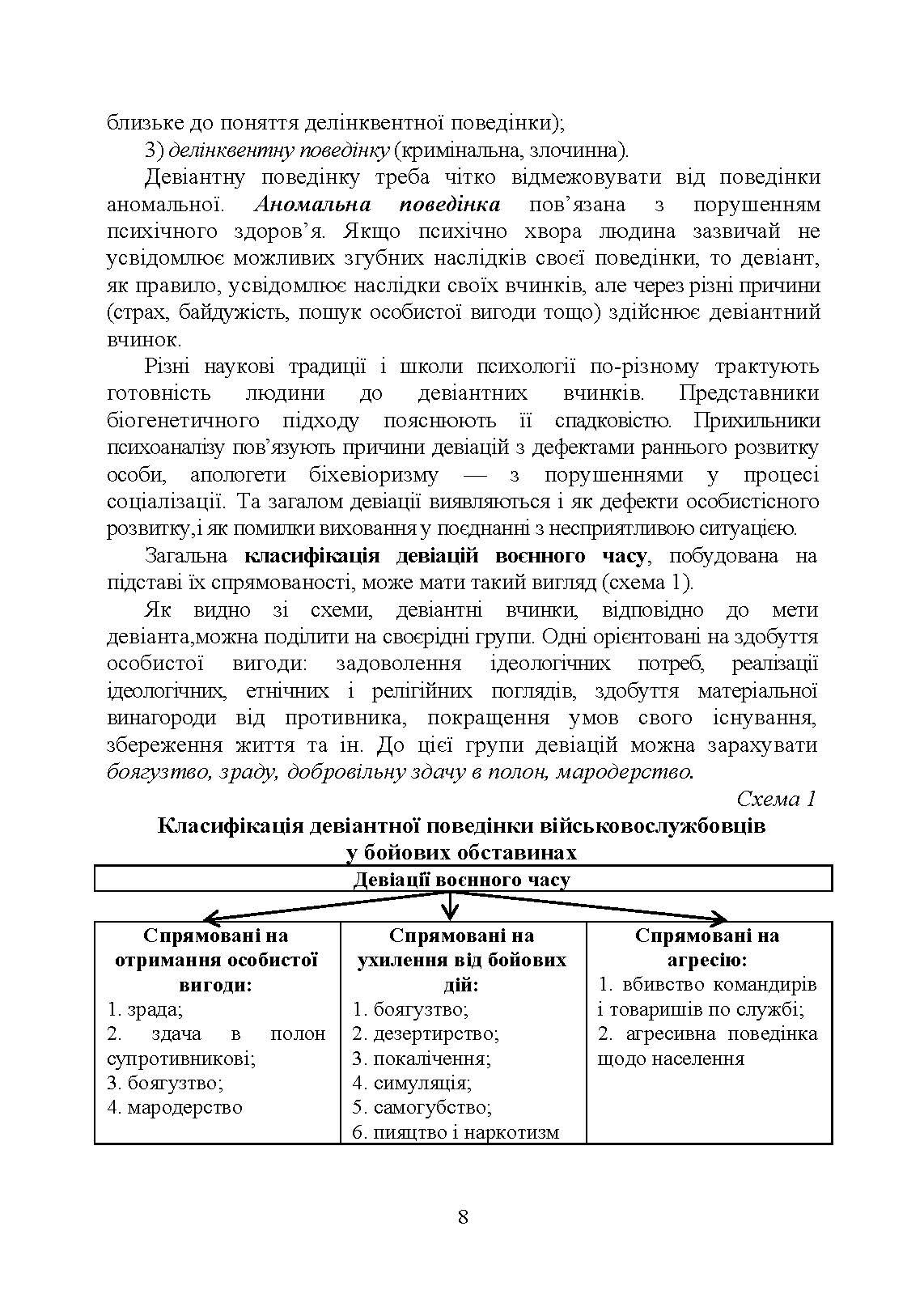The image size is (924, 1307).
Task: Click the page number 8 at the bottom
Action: click(463, 1216)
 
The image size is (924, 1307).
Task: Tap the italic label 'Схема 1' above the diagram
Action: click(776, 799)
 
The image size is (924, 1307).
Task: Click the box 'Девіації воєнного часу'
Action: click(462, 880)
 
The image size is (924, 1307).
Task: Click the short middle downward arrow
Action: click(450, 903)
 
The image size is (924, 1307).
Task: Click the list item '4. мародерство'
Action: click(175, 1106)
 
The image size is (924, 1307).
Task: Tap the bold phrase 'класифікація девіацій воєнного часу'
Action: click(445, 556)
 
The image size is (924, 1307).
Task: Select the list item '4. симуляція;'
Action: click(412, 1082)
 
